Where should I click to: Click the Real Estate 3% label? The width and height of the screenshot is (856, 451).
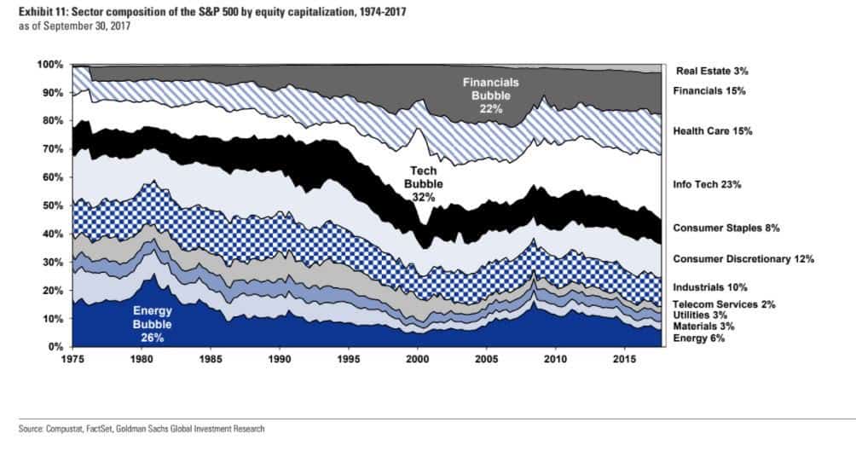click(712, 71)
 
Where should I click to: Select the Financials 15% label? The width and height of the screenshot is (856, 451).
click(709, 90)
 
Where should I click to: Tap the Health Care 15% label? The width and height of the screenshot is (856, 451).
click(713, 131)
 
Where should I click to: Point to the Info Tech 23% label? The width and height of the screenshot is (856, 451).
click(707, 184)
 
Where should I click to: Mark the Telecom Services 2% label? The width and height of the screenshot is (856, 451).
click(724, 304)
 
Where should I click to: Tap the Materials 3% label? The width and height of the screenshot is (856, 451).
click(702, 327)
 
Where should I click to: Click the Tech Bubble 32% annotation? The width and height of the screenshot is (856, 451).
click(424, 183)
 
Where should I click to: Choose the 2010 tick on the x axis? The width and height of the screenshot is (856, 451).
click(555, 361)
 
